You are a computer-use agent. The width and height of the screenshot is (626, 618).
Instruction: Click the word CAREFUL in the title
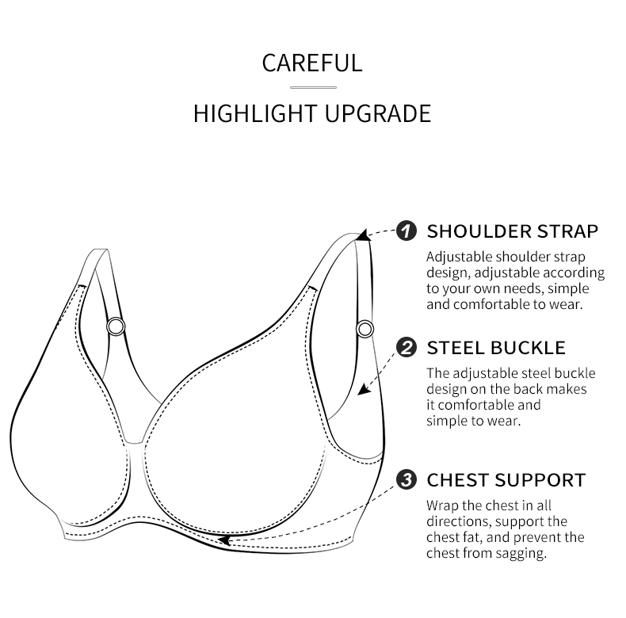[x=312, y=63]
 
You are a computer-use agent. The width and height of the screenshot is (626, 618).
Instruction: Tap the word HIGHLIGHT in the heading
[x=255, y=113]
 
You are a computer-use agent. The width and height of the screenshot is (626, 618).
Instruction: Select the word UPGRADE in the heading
[x=378, y=113]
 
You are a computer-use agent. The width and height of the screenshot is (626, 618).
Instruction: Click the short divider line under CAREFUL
[x=314, y=87]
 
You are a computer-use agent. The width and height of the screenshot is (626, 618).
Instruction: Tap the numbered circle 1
[x=407, y=231]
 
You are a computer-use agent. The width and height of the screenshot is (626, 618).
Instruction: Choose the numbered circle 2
[x=407, y=347]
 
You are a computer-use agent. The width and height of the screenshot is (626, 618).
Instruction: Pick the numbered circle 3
[x=407, y=479]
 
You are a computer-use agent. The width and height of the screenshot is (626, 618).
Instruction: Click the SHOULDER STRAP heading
[x=513, y=231]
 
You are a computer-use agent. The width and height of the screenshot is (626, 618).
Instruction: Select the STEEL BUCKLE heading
[x=496, y=348]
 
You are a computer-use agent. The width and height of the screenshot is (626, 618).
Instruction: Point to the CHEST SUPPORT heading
[x=506, y=480]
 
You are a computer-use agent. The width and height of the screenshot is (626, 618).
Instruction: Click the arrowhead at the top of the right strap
[x=363, y=235]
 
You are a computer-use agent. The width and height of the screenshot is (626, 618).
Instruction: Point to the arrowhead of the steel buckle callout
[x=364, y=389]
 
